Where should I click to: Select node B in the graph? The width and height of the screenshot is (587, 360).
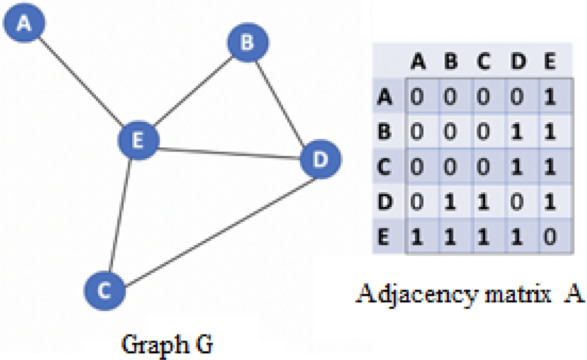tap(247, 43)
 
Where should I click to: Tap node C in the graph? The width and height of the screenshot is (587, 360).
tap(104, 291)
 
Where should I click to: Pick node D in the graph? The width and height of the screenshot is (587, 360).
tap(321, 159)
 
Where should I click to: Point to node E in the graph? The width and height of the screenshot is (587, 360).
tap(138, 140)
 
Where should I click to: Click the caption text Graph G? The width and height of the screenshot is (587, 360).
tap(167, 344)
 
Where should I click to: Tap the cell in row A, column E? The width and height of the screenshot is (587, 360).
tap(549, 97)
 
